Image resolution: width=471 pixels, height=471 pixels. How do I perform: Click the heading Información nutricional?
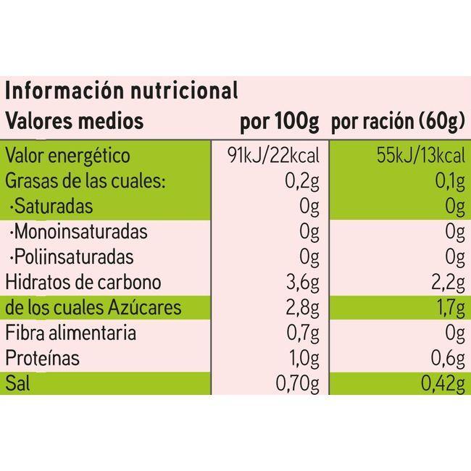coord(122,91)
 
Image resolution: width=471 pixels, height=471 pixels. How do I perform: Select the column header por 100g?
coord(279,121)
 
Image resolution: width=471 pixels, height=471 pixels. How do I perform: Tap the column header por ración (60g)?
coord(398,121)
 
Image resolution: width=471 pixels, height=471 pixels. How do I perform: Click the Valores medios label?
coord(75,120)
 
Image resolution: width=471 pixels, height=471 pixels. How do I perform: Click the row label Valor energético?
coord(68,156)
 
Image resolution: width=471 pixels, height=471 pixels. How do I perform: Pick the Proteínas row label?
coord(43,359)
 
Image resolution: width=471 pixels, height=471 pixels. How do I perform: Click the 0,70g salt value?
coord(299,384)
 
